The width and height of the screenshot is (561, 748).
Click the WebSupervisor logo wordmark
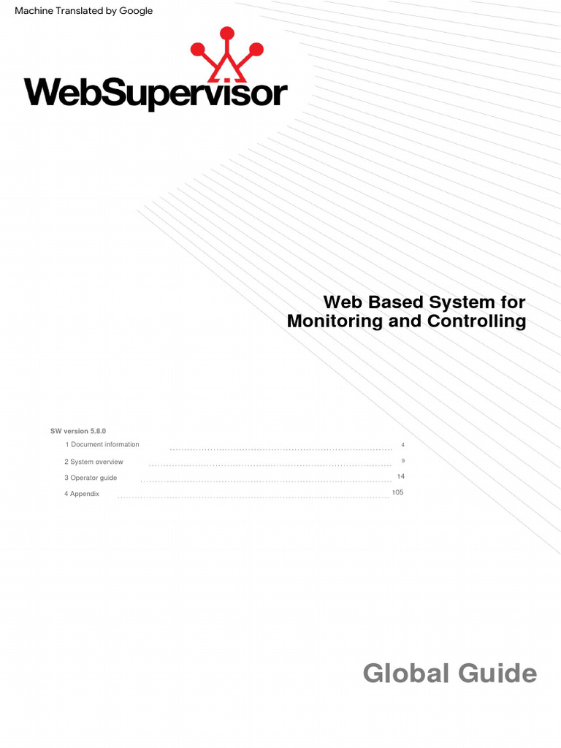click(x=156, y=94)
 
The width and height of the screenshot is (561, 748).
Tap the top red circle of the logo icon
click(x=227, y=33)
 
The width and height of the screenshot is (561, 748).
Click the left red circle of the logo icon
click(x=198, y=50)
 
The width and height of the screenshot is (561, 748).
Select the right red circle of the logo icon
click(x=256, y=50)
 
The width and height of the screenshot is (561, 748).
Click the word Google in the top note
click(x=131, y=11)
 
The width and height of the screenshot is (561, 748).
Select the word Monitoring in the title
click(x=335, y=321)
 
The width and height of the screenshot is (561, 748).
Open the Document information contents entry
click(x=102, y=445)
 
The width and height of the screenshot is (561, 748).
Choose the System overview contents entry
click(x=93, y=462)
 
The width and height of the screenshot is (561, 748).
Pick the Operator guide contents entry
click(x=91, y=478)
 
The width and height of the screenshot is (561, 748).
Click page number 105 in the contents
click(x=397, y=492)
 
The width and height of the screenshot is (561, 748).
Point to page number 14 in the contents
click(x=400, y=476)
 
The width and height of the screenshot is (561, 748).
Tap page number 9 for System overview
click(x=402, y=461)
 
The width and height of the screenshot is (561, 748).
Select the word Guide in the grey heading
click(x=496, y=673)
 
